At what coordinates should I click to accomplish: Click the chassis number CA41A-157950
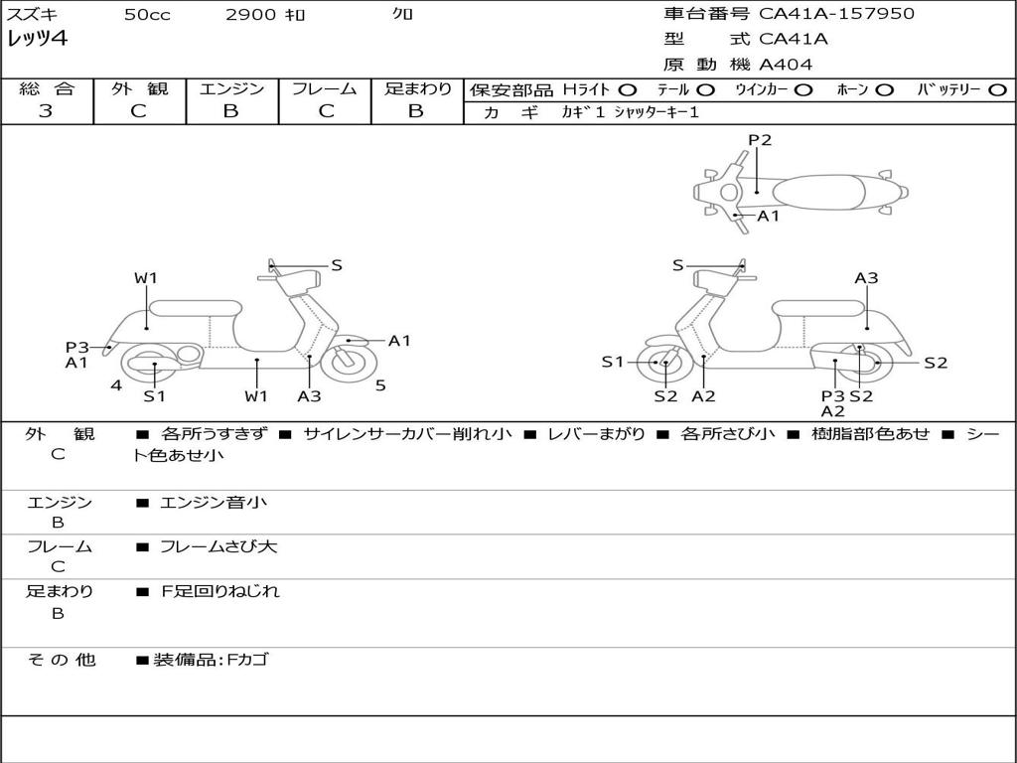click(x=836, y=14)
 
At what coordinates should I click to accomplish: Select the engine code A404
click(x=786, y=65)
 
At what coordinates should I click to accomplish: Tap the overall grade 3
click(x=46, y=111)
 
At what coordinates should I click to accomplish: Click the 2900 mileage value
click(x=250, y=14)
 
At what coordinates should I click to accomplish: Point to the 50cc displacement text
click(x=147, y=14)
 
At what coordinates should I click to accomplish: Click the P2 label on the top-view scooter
click(x=760, y=140)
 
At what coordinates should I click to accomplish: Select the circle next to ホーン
click(x=884, y=90)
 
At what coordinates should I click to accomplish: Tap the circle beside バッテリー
click(x=998, y=90)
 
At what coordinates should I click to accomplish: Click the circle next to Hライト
click(x=628, y=90)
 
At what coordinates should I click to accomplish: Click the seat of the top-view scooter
click(x=818, y=193)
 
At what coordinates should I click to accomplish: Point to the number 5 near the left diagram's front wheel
click(x=380, y=386)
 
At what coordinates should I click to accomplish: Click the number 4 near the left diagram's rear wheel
click(x=116, y=386)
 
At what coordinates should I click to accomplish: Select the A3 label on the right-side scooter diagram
click(x=866, y=278)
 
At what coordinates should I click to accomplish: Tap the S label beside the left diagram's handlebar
click(x=337, y=265)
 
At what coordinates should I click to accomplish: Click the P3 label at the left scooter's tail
click(x=77, y=348)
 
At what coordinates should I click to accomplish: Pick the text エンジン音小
click(x=214, y=502)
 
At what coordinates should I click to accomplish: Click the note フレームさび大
click(x=218, y=547)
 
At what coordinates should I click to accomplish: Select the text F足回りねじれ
click(x=219, y=591)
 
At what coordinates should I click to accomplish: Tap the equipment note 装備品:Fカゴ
click(x=211, y=660)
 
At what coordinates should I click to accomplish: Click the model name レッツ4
click(x=38, y=39)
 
